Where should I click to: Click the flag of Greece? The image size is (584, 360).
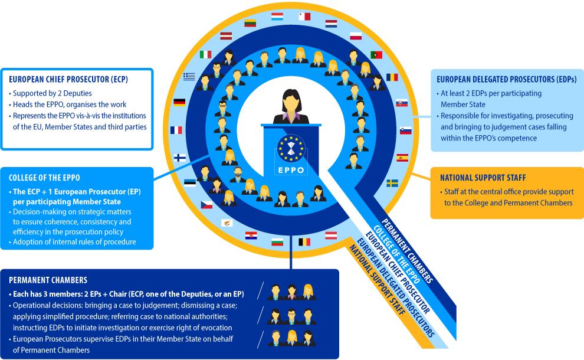[189, 76]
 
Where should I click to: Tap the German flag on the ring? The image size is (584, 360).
[179, 103]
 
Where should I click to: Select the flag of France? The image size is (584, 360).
[176, 130]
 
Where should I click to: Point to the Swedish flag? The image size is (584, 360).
[392, 183]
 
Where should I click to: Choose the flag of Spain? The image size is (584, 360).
[402, 158]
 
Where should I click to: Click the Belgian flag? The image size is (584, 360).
[304, 241]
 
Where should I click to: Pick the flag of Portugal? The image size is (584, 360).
[376, 55]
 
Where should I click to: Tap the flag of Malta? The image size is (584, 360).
[304, 17]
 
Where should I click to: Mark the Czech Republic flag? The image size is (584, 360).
[206, 205]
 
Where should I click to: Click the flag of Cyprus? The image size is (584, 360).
[226, 222]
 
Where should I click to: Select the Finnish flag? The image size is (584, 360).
[179, 158]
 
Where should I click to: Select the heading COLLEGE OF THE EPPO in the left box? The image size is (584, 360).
[44, 178]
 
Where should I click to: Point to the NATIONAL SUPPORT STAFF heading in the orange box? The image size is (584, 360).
[483, 177]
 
